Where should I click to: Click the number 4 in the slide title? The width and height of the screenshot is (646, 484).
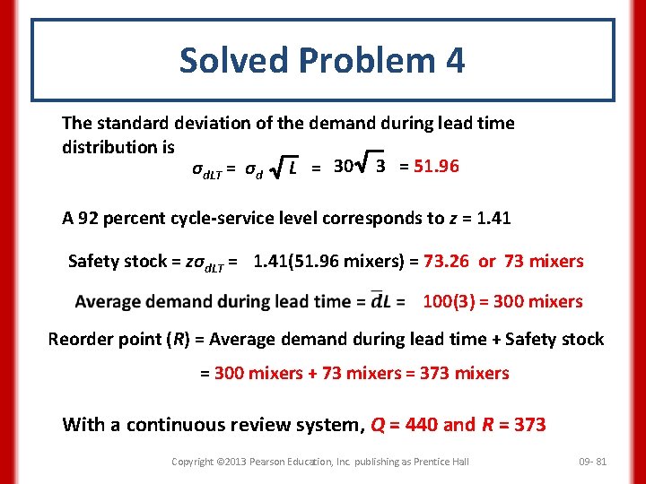pyautogui.click(x=454, y=61)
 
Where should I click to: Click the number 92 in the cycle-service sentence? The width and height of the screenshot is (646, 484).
pyautogui.click(x=87, y=217)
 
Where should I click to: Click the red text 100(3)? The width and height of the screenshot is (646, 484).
pyautogui.click(x=452, y=301)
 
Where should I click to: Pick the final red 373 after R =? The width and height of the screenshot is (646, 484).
pyautogui.click(x=529, y=425)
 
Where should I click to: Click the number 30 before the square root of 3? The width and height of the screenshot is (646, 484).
pyautogui.click(x=343, y=166)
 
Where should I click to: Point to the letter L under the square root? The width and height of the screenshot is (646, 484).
pyautogui.click(x=294, y=168)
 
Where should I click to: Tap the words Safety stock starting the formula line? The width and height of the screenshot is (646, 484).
pyautogui.click(x=118, y=262)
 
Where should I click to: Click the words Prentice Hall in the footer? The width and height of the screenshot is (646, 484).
pyautogui.click(x=444, y=461)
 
